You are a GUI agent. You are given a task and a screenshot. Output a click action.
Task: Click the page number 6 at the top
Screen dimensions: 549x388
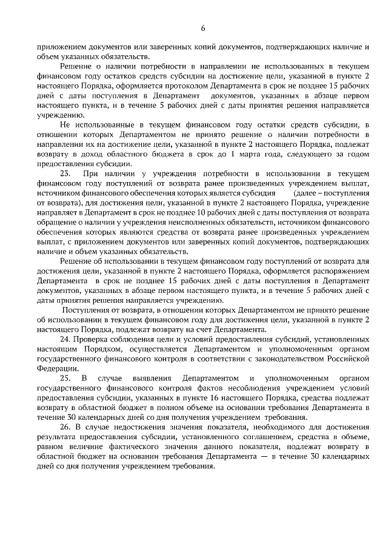(x=203, y=28)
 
